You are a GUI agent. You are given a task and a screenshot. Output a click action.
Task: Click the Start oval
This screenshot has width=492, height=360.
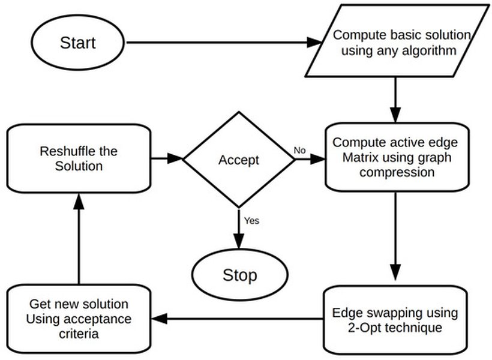pos(77,43)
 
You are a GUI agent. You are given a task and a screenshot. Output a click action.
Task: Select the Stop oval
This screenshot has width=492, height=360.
pos(239,275)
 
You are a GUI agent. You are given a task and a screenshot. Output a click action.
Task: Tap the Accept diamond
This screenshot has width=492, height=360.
pos(238,160)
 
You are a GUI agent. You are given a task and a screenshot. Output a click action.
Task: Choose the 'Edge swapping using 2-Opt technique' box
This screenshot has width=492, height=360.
pos(395,320)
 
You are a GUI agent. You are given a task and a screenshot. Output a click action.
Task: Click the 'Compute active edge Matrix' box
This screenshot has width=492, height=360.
pos(395,157)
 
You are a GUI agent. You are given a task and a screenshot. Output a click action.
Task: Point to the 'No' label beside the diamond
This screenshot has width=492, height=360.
pos(299,150)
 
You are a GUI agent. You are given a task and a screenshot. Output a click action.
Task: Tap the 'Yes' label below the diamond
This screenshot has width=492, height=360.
pos(251,220)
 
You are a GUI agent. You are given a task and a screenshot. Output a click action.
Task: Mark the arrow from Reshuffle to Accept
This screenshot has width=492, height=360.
pos(166,159)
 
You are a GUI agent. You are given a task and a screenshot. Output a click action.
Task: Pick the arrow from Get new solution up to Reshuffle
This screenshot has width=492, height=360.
pos(78,240)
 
